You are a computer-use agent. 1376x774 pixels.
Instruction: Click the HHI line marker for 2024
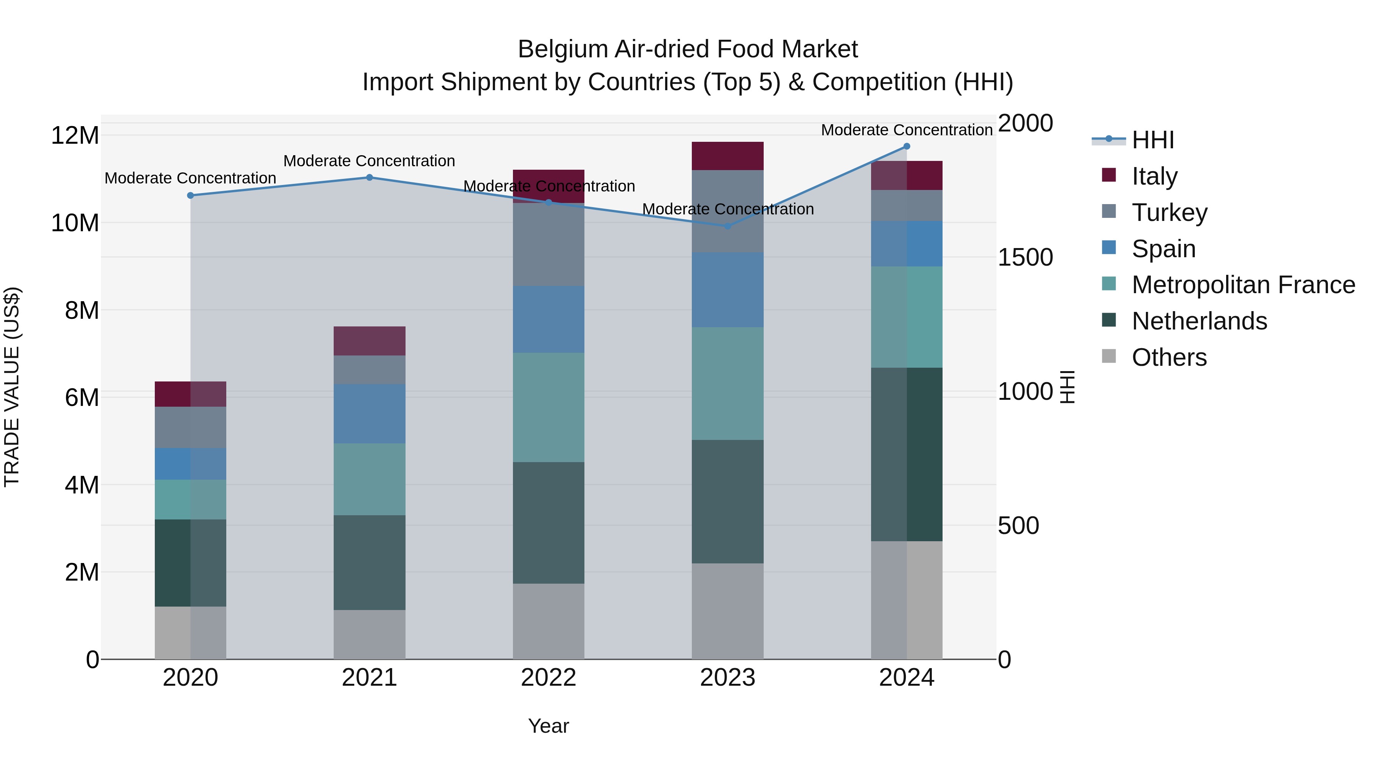click(x=907, y=146)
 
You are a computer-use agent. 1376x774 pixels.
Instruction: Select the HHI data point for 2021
click(x=369, y=177)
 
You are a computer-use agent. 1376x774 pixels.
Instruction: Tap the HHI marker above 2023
click(x=727, y=226)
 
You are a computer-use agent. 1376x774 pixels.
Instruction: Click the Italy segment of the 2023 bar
click(x=727, y=156)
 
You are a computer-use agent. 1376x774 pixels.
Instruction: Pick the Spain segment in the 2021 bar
click(x=369, y=414)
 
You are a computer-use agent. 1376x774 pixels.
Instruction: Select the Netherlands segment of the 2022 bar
click(x=548, y=522)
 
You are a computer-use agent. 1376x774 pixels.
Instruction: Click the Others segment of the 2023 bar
click(x=727, y=611)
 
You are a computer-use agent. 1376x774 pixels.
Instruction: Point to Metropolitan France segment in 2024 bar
click(x=907, y=317)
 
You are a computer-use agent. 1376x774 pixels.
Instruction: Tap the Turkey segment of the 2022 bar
click(x=548, y=245)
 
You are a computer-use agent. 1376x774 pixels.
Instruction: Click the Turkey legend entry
click(x=1169, y=213)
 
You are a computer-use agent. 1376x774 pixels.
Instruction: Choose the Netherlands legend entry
click(x=1199, y=321)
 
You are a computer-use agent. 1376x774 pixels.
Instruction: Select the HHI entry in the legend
click(x=1153, y=140)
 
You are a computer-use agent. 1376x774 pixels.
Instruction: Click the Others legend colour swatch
click(x=1109, y=356)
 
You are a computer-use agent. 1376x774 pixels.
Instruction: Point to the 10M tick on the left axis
click(x=75, y=223)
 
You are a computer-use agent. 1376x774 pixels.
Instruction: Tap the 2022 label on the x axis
click(x=548, y=678)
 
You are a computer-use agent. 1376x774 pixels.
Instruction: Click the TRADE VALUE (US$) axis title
click(x=12, y=387)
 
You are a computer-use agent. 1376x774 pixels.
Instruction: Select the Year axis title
click(x=548, y=726)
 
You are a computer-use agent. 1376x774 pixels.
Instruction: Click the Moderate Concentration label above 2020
click(x=190, y=178)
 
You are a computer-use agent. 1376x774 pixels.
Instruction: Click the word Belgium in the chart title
click(x=563, y=49)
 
